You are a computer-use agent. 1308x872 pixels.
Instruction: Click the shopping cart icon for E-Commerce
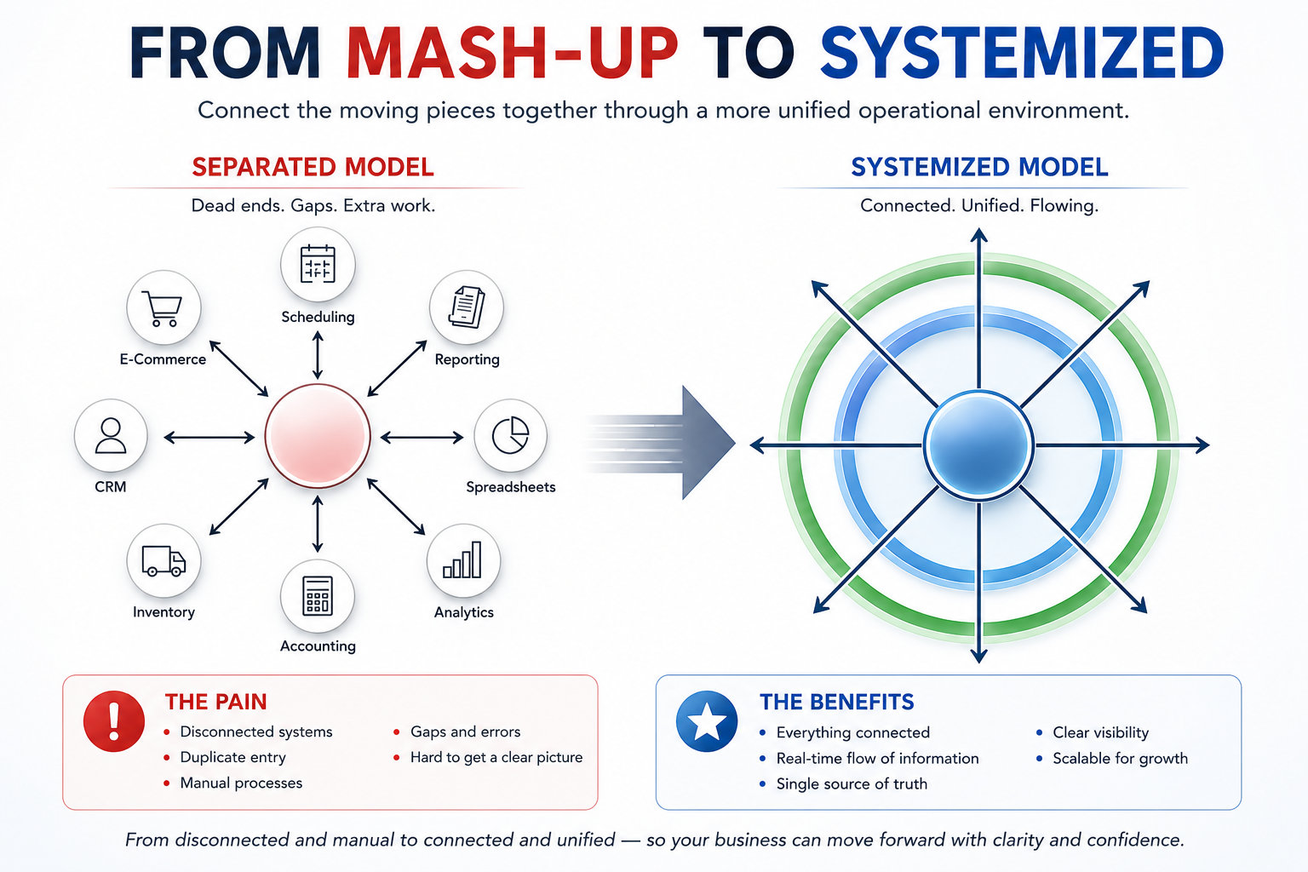click(163, 307)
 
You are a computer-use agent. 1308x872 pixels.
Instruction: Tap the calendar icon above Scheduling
click(318, 264)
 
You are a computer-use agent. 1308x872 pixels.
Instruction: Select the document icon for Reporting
click(467, 307)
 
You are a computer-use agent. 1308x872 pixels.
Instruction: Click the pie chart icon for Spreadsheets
click(510, 435)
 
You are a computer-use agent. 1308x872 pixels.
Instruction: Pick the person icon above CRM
click(111, 436)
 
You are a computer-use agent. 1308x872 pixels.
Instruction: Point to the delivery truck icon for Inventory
click(163, 560)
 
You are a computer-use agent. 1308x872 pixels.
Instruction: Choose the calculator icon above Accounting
click(318, 596)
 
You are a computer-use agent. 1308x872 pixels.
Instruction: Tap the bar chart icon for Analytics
click(462, 559)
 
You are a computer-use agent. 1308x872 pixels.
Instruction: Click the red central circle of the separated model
click(318, 436)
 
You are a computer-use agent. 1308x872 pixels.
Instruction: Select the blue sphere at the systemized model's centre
click(978, 445)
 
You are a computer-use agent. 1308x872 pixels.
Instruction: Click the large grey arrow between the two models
click(660, 442)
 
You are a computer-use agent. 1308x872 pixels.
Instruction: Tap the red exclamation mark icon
click(114, 721)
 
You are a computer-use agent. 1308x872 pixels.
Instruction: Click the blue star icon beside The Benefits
click(707, 721)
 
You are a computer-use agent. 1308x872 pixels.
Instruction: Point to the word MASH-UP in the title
click(512, 53)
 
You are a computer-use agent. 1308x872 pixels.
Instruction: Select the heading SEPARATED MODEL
click(313, 167)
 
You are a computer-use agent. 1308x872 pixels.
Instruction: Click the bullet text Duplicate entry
click(233, 758)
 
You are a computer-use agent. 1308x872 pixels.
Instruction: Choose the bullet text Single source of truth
click(852, 783)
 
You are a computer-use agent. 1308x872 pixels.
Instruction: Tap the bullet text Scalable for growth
click(1121, 758)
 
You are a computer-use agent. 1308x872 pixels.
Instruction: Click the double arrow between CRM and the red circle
click(209, 438)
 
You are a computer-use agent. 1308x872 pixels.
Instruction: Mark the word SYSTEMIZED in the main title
click(1022, 53)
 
